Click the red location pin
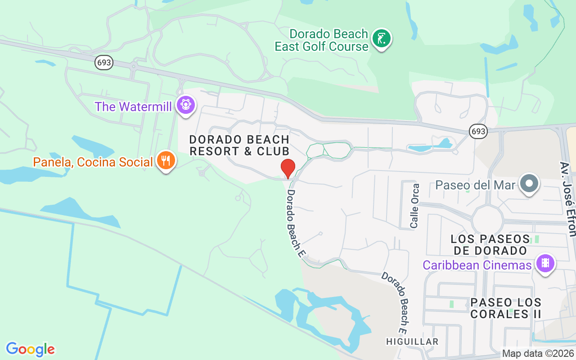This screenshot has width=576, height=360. pyautogui.click(x=288, y=168)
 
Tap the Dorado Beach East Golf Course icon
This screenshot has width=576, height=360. pyautogui.click(x=382, y=39)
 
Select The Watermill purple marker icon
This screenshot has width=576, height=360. pyautogui.click(x=185, y=105)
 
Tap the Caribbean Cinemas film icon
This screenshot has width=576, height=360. pyautogui.click(x=545, y=263)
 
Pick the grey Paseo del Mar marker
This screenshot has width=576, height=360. pyautogui.click(x=529, y=184)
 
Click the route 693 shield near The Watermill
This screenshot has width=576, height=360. pyautogui.click(x=104, y=63)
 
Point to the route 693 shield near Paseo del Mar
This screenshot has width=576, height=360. pyautogui.click(x=478, y=131)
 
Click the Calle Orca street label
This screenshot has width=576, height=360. pyautogui.click(x=415, y=206)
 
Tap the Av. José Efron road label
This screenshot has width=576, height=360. pyautogui.click(x=567, y=198)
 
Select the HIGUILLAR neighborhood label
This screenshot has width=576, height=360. pyautogui.click(x=412, y=342)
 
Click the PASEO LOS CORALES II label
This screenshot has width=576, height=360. pyautogui.click(x=506, y=308)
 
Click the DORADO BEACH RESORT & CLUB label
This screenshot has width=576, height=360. pyautogui.click(x=239, y=145)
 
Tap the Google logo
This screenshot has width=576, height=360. pyautogui.click(x=30, y=349)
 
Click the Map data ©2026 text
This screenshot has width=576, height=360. pyautogui.click(x=538, y=354)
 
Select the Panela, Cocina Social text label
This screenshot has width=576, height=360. pyautogui.click(x=93, y=162)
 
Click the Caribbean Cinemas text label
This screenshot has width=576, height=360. pyautogui.click(x=477, y=265)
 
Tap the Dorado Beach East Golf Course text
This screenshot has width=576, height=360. pyautogui.click(x=322, y=40)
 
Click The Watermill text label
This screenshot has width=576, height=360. pyautogui.click(x=134, y=107)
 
